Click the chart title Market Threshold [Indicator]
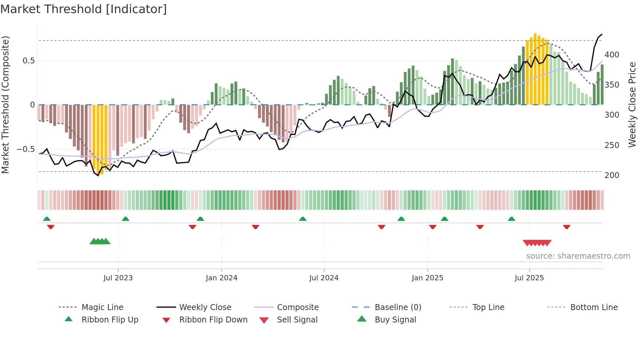(x=84, y=9)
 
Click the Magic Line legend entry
(x=102, y=307)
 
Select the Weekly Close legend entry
(x=205, y=307)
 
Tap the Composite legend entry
(x=297, y=307)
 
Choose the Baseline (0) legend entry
(x=398, y=307)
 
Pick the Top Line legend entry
(x=488, y=307)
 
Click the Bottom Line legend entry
(x=594, y=307)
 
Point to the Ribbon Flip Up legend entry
(x=110, y=320)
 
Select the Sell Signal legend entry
(x=297, y=320)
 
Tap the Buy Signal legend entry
(x=395, y=320)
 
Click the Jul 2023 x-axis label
(x=118, y=278)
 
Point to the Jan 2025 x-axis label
(x=427, y=278)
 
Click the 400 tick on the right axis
(x=612, y=55)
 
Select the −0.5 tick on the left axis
(x=25, y=149)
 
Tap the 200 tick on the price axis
(x=612, y=175)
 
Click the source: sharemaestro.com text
(x=578, y=256)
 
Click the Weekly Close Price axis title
(x=632, y=105)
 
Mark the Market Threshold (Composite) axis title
(x=5, y=105)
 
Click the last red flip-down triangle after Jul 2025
(x=567, y=227)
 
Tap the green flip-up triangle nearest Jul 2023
(x=125, y=219)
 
